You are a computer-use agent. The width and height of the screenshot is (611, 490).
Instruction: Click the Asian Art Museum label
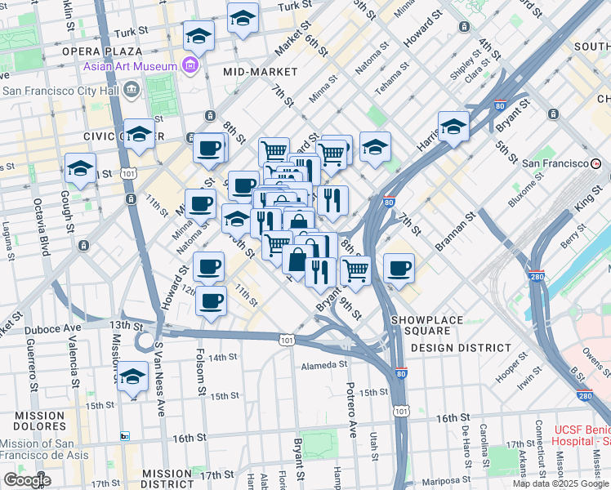[x=129, y=66]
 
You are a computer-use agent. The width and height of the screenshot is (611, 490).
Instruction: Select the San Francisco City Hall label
[x=60, y=91]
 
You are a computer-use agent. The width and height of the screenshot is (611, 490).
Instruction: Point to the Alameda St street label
[x=326, y=365]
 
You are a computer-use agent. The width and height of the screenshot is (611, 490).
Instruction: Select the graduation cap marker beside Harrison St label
[x=453, y=127]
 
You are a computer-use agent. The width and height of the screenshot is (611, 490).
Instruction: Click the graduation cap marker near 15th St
[x=132, y=377]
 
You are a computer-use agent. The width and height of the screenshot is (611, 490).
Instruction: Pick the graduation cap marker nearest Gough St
[x=80, y=168]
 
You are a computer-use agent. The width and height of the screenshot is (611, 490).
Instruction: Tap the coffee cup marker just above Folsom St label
[x=211, y=301]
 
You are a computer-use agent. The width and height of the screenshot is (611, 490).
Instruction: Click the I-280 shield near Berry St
[x=536, y=277]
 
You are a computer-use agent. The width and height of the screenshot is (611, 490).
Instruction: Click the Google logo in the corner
[x=27, y=480]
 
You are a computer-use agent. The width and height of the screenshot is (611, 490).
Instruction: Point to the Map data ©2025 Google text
[x=560, y=483]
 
